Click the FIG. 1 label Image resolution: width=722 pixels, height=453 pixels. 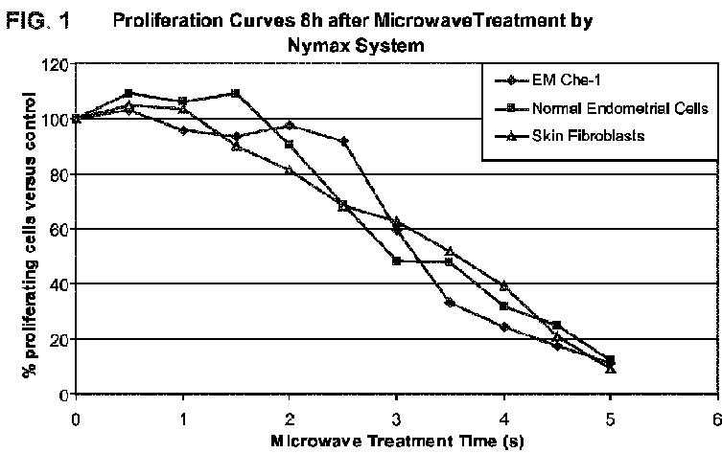click(x=37, y=21)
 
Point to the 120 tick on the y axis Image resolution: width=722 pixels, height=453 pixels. click(x=56, y=65)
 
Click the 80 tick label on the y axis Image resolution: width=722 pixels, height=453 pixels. click(x=59, y=174)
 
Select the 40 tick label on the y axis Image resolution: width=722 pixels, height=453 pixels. click(x=59, y=284)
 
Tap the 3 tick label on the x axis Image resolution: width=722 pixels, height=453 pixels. click(x=396, y=419)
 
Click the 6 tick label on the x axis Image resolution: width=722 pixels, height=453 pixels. click(x=716, y=419)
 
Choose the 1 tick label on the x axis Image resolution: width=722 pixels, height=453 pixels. click(x=183, y=419)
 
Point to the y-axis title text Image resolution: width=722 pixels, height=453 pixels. click(x=30, y=235)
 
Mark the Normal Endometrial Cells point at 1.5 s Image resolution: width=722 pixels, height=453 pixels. click(x=236, y=93)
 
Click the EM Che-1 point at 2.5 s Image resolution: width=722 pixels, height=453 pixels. click(x=342, y=141)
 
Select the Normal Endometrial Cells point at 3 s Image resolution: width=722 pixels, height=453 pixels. click(x=396, y=261)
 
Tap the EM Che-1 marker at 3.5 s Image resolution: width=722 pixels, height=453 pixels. click(x=450, y=303)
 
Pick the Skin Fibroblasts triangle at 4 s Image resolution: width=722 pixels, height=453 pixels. click(x=503, y=285)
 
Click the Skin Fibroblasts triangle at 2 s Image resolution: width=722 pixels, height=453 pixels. click(x=290, y=170)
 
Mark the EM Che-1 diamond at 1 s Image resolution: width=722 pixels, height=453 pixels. click(x=183, y=130)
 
